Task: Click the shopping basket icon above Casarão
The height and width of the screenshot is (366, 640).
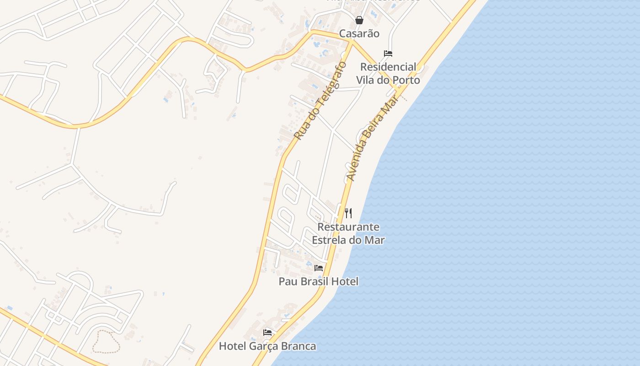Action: pyautogui.click(x=359, y=20)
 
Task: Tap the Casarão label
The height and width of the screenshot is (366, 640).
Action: pyautogui.click(x=359, y=33)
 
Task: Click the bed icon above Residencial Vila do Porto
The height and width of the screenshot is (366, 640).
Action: pyautogui.click(x=388, y=54)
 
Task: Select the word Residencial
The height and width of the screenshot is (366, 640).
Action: pyautogui.click(x=388, y=67)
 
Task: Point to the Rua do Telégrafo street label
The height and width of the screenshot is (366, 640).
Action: pyautogui.click(x=320, y=101)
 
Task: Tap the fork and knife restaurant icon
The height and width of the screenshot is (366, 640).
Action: pyautogui.click(x=348, y=213)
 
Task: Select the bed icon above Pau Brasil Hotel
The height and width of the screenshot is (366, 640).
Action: pyautogui.click(x=319, y=268)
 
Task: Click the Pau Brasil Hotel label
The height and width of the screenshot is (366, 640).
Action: pyautogui.click(x=319, y=281)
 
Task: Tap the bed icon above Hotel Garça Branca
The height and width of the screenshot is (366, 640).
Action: pyautogui.click(x=267, y=333)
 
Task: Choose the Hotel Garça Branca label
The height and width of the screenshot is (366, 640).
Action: pyautogui.click(x=267, y=346)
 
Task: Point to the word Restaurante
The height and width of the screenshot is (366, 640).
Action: pyautogui.click(x=348, y=227)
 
